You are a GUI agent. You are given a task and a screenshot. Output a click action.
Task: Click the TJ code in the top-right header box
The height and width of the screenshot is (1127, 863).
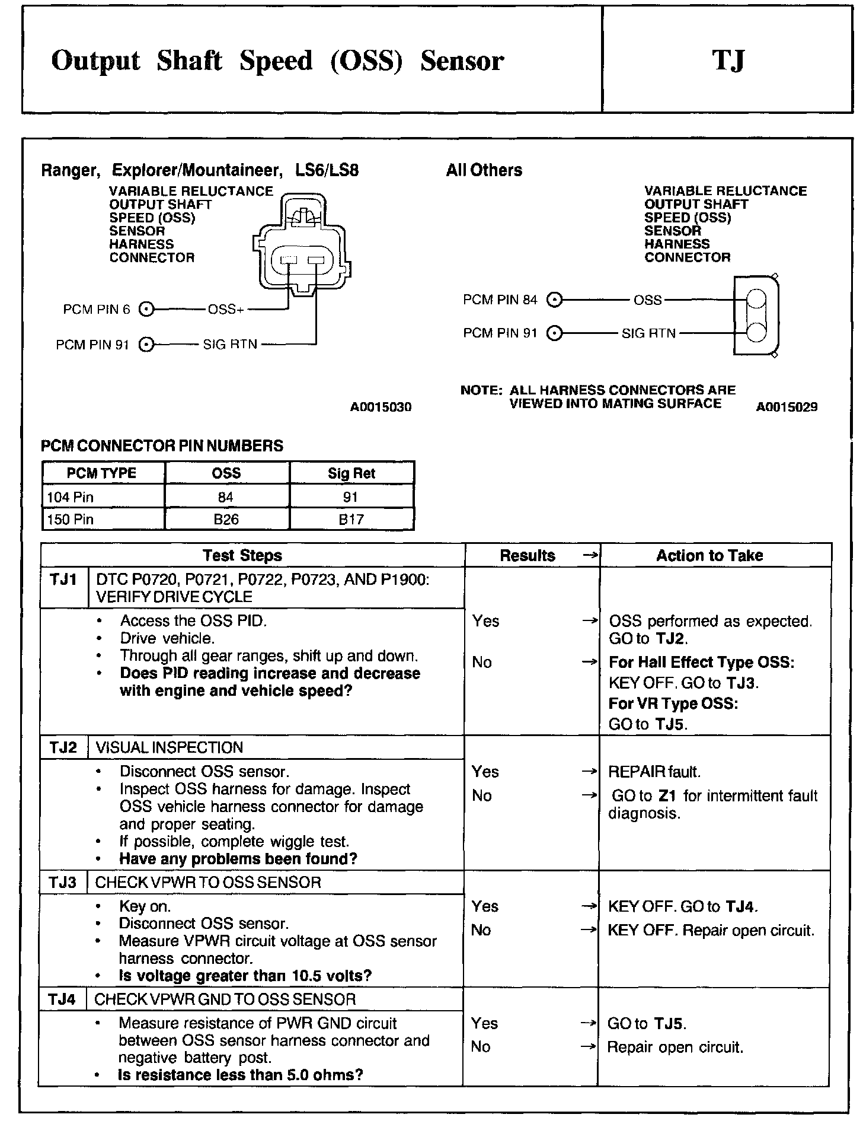pyautogui.click(x=728, y=61)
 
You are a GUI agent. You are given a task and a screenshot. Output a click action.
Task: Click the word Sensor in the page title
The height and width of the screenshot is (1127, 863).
pyautogui.click(x=462, y=61)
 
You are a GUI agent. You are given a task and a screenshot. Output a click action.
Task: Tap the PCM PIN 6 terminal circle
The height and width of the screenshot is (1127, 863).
pyautogui.click(x=146, y=310)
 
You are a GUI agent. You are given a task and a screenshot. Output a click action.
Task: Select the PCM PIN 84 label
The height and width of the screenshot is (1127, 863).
pyautogui.click(x=500, y=300)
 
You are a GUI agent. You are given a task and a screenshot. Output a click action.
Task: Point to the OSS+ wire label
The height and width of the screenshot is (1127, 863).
pyautogui.click(x=226, y=310)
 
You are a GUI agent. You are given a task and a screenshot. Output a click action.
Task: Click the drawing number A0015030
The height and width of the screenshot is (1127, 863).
pyautogui.click(x=381, y=407)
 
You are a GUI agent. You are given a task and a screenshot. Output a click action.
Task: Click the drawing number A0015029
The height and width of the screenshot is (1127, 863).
pyautogui.click(x=787, y=407)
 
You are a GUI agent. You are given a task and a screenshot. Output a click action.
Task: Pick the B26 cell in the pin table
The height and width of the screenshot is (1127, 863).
pyautogui.click(x=226, y=520)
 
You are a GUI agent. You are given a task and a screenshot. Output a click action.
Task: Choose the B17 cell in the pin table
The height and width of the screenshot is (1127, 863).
pyautogui.click(x=351, y=520)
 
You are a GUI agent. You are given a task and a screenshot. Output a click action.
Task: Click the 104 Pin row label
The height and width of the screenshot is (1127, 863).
pyautogui.click(x=71, y=497)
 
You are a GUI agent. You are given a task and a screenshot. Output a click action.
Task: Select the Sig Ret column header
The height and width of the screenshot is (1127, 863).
pyautogui.click(x=351, y=473)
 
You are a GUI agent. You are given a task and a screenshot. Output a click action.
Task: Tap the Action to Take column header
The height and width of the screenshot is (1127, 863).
pyautogui.click(x=709, y=556)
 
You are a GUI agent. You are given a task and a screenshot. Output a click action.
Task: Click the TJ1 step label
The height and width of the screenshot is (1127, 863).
pyautogui.click(x=63, y=580)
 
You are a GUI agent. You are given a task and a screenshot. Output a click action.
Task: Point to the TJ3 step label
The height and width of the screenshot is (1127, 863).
pyautogui.click(x=62, y=883)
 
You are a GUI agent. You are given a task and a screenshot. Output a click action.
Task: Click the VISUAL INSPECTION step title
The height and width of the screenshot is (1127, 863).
pyautogui.click(x=169, y=747)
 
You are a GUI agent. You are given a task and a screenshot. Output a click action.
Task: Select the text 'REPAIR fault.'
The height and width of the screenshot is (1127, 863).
pyautogui.click(x=654, y=772)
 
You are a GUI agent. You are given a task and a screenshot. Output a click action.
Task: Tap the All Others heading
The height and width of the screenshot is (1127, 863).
pyautogui.click(x=484, y=171)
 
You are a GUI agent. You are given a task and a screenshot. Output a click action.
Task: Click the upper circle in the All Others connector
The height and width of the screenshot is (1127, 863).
pyautogui.click(x=756, y=299)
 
